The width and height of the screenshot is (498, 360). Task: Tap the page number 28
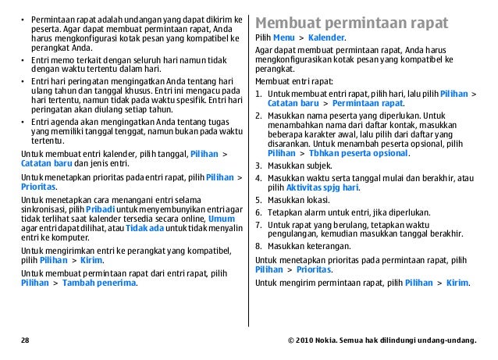tap(26, 340)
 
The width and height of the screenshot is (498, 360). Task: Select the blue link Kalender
tap(326, 37)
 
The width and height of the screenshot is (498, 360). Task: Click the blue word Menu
tap(283, 37)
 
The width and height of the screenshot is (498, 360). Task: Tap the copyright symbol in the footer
tap(290, 340)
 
